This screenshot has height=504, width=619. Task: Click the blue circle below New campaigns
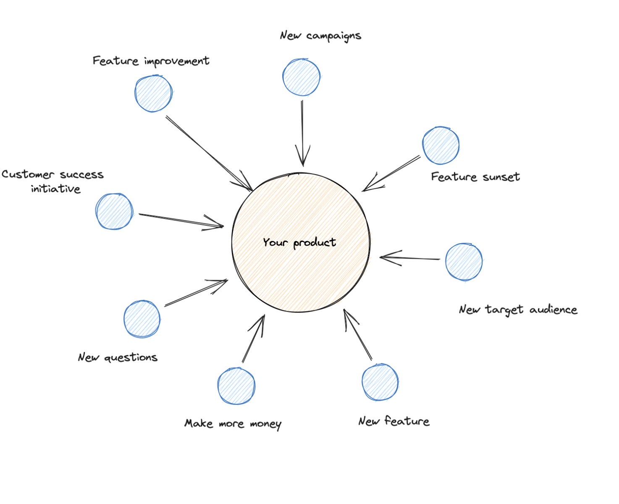(x=302, y=77)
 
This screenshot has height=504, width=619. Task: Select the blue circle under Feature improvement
(x=153, y=94)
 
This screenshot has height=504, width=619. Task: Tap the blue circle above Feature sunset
(x=441, y=145)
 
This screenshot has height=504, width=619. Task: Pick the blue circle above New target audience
(x=464, y=262)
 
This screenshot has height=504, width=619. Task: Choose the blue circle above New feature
(x=380, y=382)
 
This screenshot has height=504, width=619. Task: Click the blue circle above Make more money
(x=236, y=386)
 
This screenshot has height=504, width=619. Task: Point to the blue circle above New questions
(x=142, y=319)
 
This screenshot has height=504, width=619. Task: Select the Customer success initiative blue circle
(x=114, y=211)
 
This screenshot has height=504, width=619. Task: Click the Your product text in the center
(x=299, y=243)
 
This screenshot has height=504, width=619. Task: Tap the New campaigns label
(x=320, y=36)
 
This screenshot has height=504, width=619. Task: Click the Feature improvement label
(x=151, y=61)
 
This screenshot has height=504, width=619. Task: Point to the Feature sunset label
(x=475, y=177)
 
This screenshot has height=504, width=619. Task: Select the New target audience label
(x=518, y=310)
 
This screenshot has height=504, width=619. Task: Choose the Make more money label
(x=233, y=424)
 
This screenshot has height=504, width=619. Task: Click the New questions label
(x=118, y=357)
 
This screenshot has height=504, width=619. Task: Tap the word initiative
(x=55, y=189)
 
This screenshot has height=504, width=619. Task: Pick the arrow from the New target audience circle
(x=409, y=258)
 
